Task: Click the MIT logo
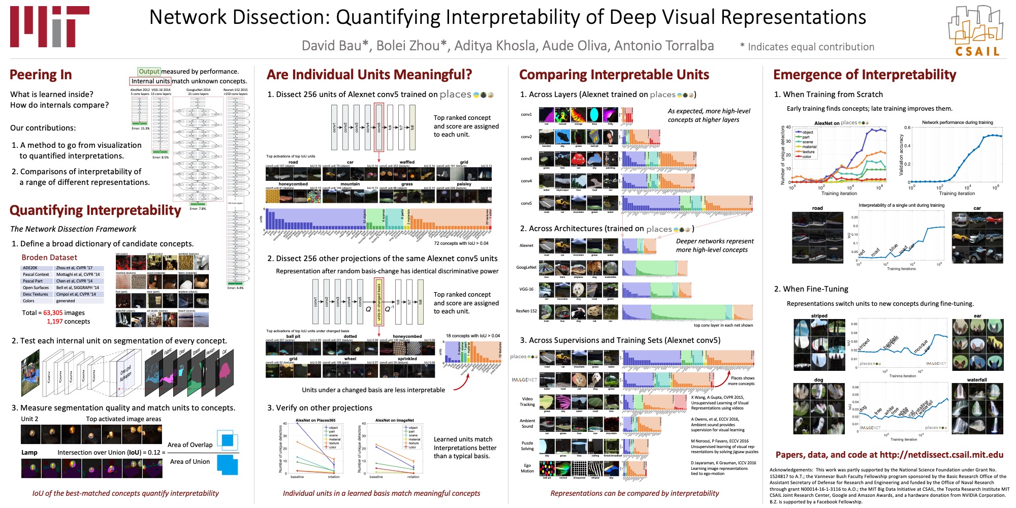pyautogui.click(x=49, y=27)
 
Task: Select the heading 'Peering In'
pyautogui.click(x=41, y=75)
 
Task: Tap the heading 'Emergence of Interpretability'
pyautogui.click(x=864, y=75)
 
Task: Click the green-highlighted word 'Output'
pyautogui.click(x=149, y=72)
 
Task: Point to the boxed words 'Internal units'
pyautogui.click(x=150, y=81)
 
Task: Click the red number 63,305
pyautogui.click(x=53, y=313)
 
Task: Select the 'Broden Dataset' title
pyautogui.click(x=49, y=258)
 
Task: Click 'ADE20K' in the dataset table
pyautogui.click(x=30, y=268)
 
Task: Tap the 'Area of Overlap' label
pyautogui.click(x=190, y=445)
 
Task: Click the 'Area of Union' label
pyautogui.click(x=189, y=462)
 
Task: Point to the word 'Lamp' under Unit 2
pyautogui.click(x=29, y=453)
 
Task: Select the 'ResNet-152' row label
pyautogui.click(x=526, y=311)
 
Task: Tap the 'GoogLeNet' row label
pyautogui.click(x=526, y=267)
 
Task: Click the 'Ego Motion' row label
pyautogui.click(x=527, y=468)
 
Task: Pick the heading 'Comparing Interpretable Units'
pyautogui.click(x=614, y=75)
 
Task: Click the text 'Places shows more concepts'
pyautogui.click(x=741, y=381)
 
